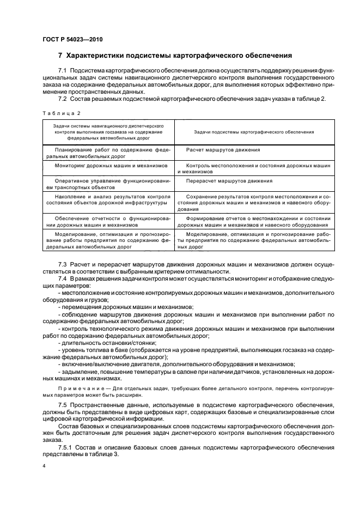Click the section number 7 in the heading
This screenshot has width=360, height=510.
[60, 56]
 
